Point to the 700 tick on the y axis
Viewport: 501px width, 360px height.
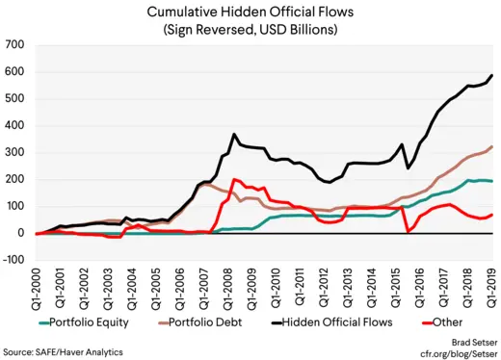click(x=14, y=45)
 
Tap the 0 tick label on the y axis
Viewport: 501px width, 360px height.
click(x=20, y=233)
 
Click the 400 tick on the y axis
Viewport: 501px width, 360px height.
click(x=14, y=125)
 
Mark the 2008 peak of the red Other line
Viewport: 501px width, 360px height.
click(x=234, y=179)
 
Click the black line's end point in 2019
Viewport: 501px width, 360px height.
click(x=492, y=75)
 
